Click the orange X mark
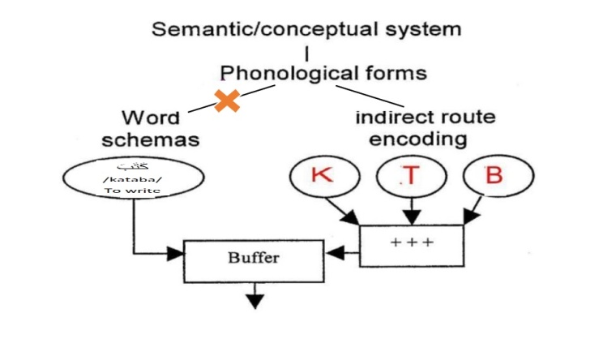tap(227, 101)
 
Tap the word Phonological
tap(287, 73)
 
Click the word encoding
tap(418, 139)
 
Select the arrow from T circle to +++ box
tap(411, 211)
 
